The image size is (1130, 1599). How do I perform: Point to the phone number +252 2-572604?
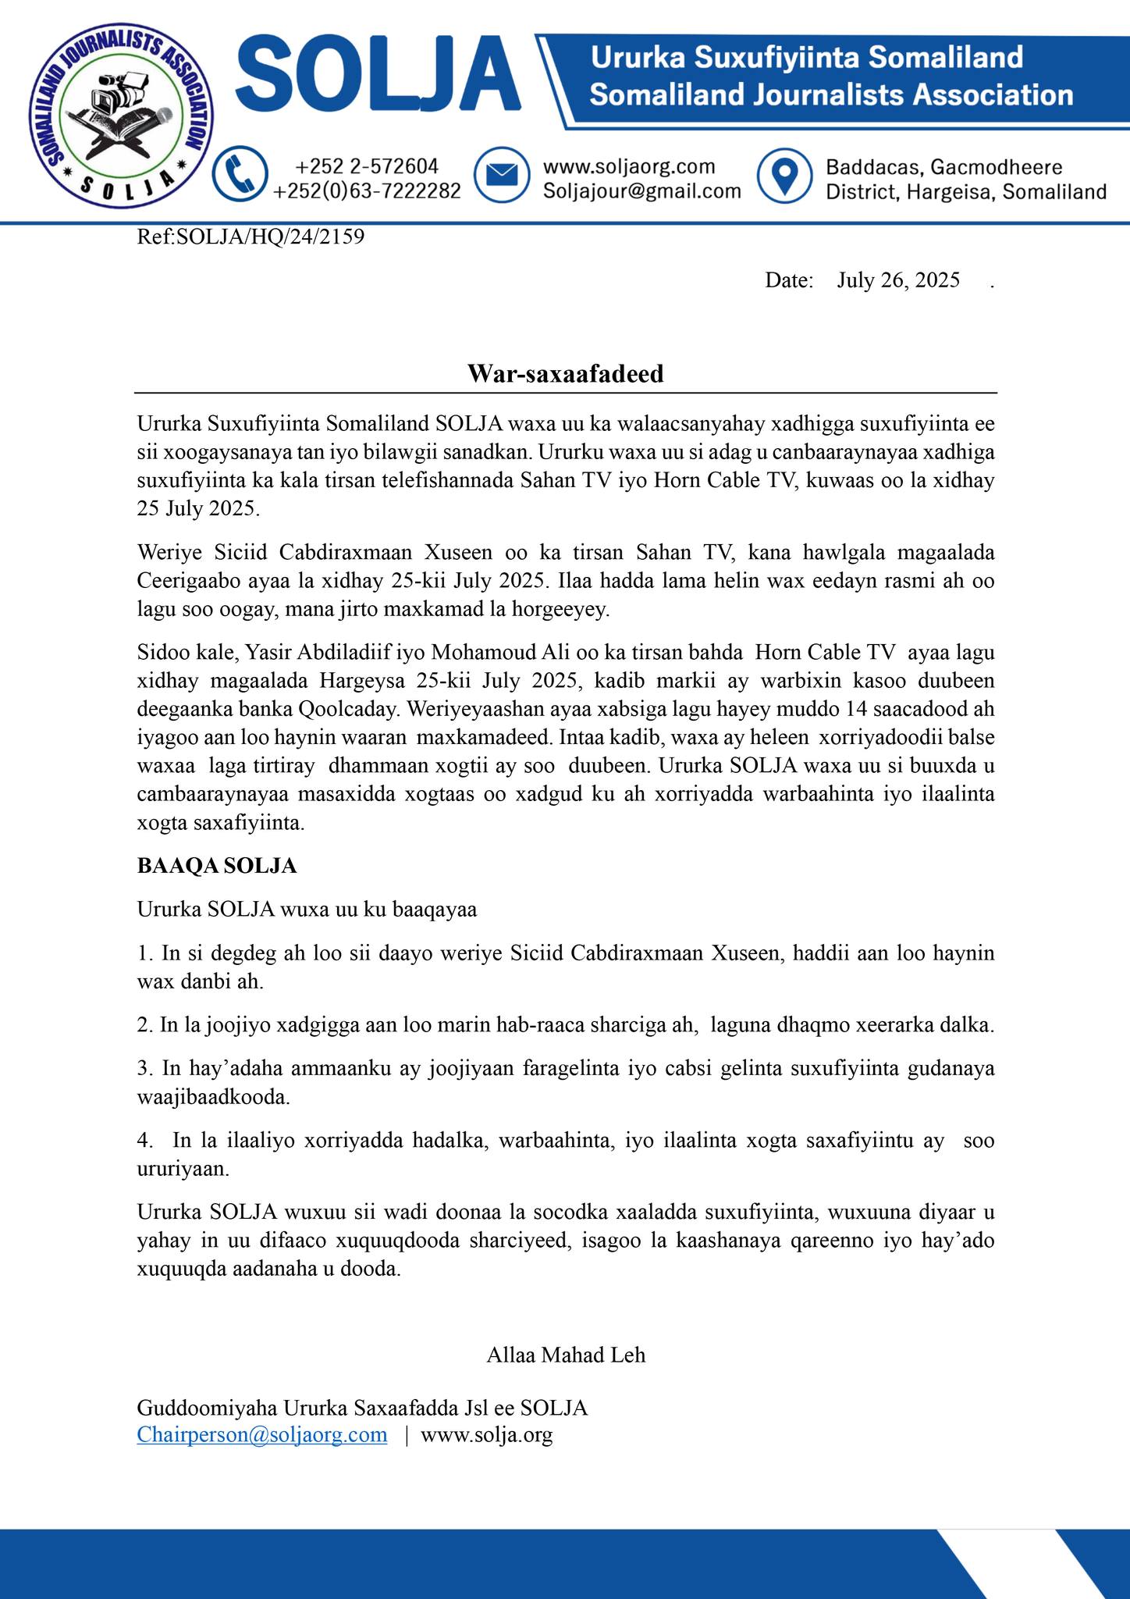click(367, 166)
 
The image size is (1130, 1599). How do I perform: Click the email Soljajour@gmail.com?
click(641, 191)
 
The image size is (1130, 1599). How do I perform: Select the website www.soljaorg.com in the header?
click(629, 166)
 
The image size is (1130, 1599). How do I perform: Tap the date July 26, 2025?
click(897, 280)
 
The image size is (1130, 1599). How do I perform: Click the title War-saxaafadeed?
click(565, 373)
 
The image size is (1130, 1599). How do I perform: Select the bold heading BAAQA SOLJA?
click(217, 866)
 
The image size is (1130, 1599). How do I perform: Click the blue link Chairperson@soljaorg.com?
click(262, 1434)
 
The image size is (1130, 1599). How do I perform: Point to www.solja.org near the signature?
click(487, 1434)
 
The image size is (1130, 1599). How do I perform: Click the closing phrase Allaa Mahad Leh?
click(566, 1355)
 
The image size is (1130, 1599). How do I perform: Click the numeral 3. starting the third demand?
click(145, 1068)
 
